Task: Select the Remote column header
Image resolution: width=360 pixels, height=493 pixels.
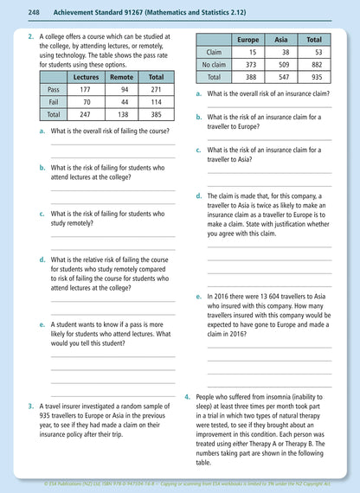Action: (x=122, y=76)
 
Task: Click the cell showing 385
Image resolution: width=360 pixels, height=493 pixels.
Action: (x=156, y=113)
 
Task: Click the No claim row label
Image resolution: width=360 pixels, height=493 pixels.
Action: (x=214, y=64)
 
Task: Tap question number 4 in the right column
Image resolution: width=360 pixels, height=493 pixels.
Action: (x=188, y=396)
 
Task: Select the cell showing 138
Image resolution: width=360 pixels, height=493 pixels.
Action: (x=122, y=113)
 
